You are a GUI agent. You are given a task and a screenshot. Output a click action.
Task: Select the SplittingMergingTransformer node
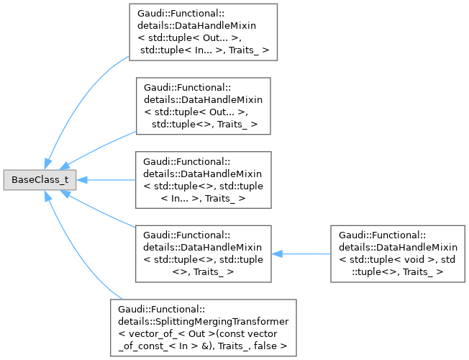click(204, 325)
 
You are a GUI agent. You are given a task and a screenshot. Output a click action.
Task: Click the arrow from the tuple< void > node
click(302, 253)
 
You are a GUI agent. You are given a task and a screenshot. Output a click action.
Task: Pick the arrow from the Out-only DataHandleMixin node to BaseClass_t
click(101, 147)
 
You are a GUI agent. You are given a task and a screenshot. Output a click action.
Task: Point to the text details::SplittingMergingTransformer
click(204, 319)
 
